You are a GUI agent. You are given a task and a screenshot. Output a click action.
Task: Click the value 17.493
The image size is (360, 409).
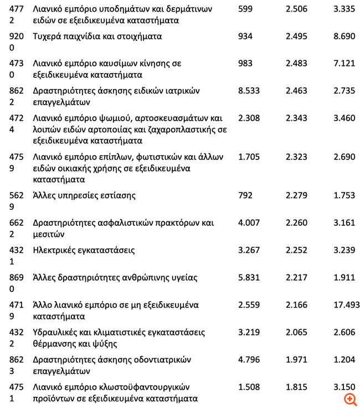coord(347,305)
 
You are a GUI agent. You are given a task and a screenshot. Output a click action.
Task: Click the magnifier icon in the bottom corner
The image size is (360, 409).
coord(350,398)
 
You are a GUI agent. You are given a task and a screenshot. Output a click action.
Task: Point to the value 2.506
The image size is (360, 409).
coord(296,9)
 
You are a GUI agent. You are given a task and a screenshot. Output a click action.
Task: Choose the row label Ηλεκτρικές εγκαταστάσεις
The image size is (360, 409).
coord(84,250)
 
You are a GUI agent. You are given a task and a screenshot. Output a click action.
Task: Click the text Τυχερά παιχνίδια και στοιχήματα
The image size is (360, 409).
coord(97,36)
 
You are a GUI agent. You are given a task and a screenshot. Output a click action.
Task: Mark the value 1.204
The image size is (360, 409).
coord(344,360)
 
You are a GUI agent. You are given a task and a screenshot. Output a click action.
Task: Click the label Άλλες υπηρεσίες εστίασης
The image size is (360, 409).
coord(84,195)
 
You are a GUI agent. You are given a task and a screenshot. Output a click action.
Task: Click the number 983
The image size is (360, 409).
coord(245,63)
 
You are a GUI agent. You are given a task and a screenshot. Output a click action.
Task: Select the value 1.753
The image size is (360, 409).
coord(344,195)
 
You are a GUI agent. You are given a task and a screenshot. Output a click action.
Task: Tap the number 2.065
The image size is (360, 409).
coord(296,332)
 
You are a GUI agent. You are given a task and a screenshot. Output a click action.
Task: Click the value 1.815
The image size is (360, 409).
coord(296,387)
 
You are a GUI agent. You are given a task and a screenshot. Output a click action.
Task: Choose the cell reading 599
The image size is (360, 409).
coord(245,9)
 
